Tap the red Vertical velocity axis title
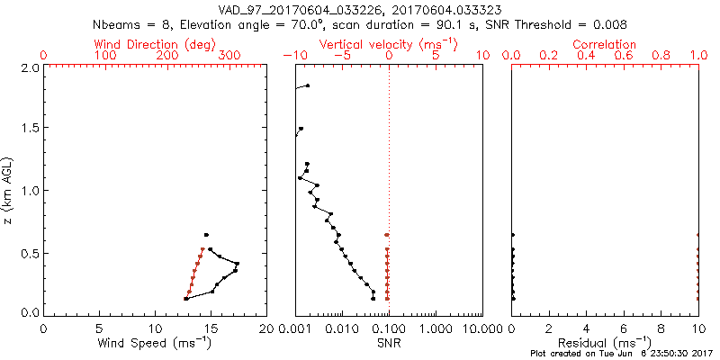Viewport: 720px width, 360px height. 388,44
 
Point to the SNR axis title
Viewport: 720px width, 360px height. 389,342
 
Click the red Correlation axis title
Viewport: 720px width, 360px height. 604,44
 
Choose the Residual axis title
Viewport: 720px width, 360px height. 604,342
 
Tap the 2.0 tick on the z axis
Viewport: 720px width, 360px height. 28,67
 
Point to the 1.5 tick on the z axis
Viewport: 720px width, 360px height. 28,129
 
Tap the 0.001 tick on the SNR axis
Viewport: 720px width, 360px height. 295,328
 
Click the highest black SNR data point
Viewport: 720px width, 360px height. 307,85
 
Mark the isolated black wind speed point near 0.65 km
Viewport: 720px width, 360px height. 206,235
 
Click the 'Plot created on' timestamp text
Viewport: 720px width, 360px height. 620,354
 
